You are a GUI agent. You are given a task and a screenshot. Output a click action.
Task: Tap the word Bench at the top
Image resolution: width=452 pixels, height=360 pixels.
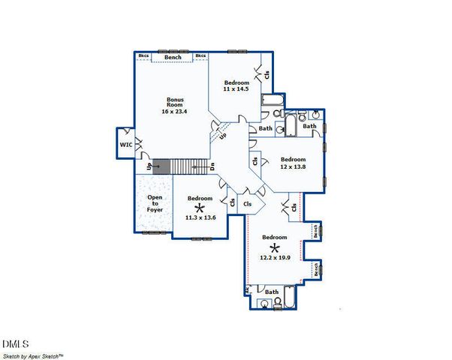click(173, 57)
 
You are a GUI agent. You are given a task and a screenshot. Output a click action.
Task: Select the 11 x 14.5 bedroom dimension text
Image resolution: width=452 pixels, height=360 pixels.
click(235, 89)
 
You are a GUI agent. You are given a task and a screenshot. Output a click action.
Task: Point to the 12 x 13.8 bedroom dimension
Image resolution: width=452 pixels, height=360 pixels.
click(294, 166)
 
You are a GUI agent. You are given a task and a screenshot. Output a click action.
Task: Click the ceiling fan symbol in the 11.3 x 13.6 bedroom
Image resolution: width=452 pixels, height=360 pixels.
click(200, 208)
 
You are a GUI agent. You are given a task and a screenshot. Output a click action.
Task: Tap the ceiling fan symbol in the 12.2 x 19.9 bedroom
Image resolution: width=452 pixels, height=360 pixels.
click(275, 247)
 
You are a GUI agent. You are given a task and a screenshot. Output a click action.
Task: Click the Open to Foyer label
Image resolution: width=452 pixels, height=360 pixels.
click(155, 203)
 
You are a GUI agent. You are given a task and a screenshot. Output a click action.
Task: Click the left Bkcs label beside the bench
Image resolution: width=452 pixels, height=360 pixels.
click(143, 56)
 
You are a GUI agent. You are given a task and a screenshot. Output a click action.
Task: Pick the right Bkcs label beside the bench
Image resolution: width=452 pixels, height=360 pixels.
click(201, 56)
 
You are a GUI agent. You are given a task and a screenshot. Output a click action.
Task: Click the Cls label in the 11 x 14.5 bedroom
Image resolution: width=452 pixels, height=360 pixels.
click(267, 74)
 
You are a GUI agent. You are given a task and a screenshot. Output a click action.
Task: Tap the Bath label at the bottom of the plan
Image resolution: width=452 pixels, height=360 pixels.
click(272, 292)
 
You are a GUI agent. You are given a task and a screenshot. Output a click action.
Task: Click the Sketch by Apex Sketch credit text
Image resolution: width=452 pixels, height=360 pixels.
click(33, 355)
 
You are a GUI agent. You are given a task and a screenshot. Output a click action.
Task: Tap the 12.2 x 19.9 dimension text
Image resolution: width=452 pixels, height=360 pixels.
click(275, 257)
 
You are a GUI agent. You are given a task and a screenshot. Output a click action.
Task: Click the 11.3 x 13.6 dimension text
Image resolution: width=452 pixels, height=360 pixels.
click(200, 217)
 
